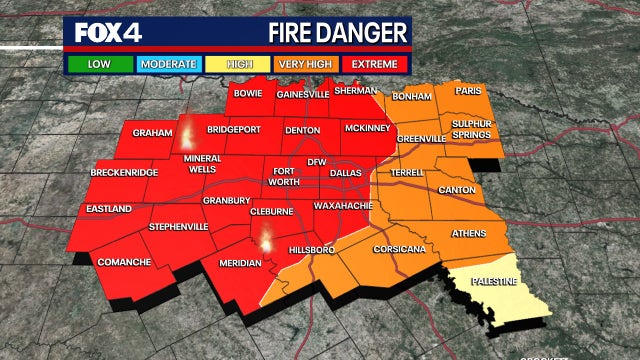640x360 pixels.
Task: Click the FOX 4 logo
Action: [109, 32]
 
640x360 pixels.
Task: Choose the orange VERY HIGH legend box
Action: [304, 64]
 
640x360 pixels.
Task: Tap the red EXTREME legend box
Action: [374, 64]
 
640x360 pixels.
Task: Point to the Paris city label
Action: [468, 90]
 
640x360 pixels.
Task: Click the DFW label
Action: [316, 161]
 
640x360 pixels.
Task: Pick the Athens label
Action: [469, 234]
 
